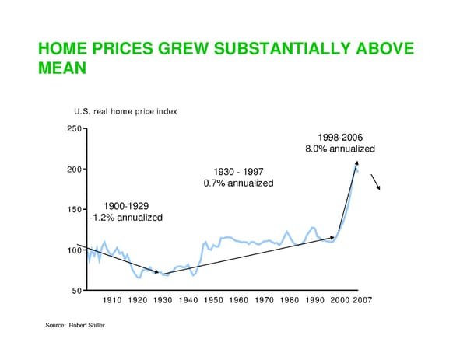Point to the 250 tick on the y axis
pos(75,128)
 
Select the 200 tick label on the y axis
pos(75,169)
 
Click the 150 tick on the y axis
pos(75,209)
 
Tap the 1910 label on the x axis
pos(112,300)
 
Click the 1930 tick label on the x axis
pos(163,300)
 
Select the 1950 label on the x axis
pos(213,300)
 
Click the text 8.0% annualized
pos(339,149)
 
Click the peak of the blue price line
pos(356,164)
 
